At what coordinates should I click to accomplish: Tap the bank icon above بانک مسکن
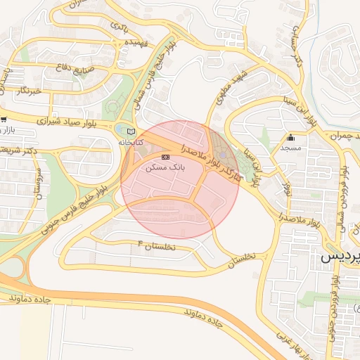point(166,157)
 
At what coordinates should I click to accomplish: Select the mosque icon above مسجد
point(290,137)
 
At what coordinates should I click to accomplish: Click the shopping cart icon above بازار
point(4,120)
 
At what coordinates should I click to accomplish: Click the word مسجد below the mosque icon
point(290,148)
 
